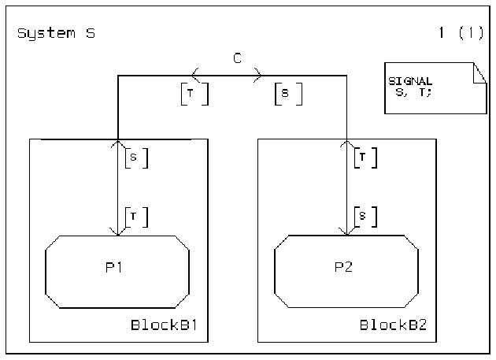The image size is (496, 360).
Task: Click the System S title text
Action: [x=56, y=34]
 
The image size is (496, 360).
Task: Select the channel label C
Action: [x=236, y=58]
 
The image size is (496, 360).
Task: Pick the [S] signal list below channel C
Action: [x=288, y=95]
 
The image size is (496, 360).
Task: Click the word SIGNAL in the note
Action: [x=411, y=81]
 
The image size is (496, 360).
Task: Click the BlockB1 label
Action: [x=167, y=325]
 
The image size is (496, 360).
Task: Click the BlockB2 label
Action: [x=394, y=325]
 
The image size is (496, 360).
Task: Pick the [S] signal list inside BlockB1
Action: [x=135, y=158]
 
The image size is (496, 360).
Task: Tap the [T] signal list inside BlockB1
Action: [x=135, y=215]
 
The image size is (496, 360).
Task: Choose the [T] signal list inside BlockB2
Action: [x=364, y=158]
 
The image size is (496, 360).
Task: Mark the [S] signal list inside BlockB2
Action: [x=364, y=215]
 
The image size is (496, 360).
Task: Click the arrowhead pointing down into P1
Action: [x=117, y=231]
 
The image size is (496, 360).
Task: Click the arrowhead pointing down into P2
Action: [x=346, y=231]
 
